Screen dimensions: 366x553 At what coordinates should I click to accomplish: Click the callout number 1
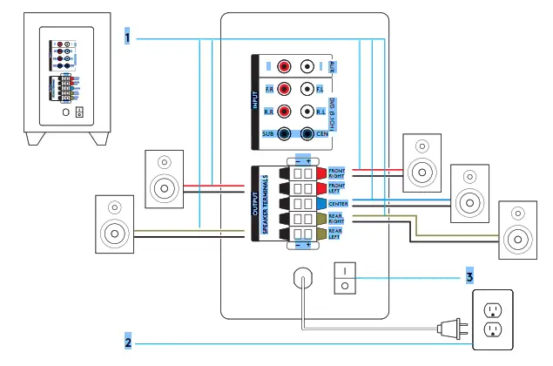[x=127, y=39]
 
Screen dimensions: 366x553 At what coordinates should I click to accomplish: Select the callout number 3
[x=469, y=277]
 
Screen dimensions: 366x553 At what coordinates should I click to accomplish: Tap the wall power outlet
[x=493, y=320]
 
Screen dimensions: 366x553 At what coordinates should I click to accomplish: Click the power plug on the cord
[x=449, y=329]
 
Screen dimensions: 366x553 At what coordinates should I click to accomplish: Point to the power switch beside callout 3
[x=346, y=277]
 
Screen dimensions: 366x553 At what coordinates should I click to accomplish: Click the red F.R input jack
[x=284, y=89]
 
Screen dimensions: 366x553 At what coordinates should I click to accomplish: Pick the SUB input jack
[x=284, y=134]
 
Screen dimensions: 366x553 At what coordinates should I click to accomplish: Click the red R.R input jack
[x=284, y=112]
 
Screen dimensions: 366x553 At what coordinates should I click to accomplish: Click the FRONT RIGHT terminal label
[x=337, y=173]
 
